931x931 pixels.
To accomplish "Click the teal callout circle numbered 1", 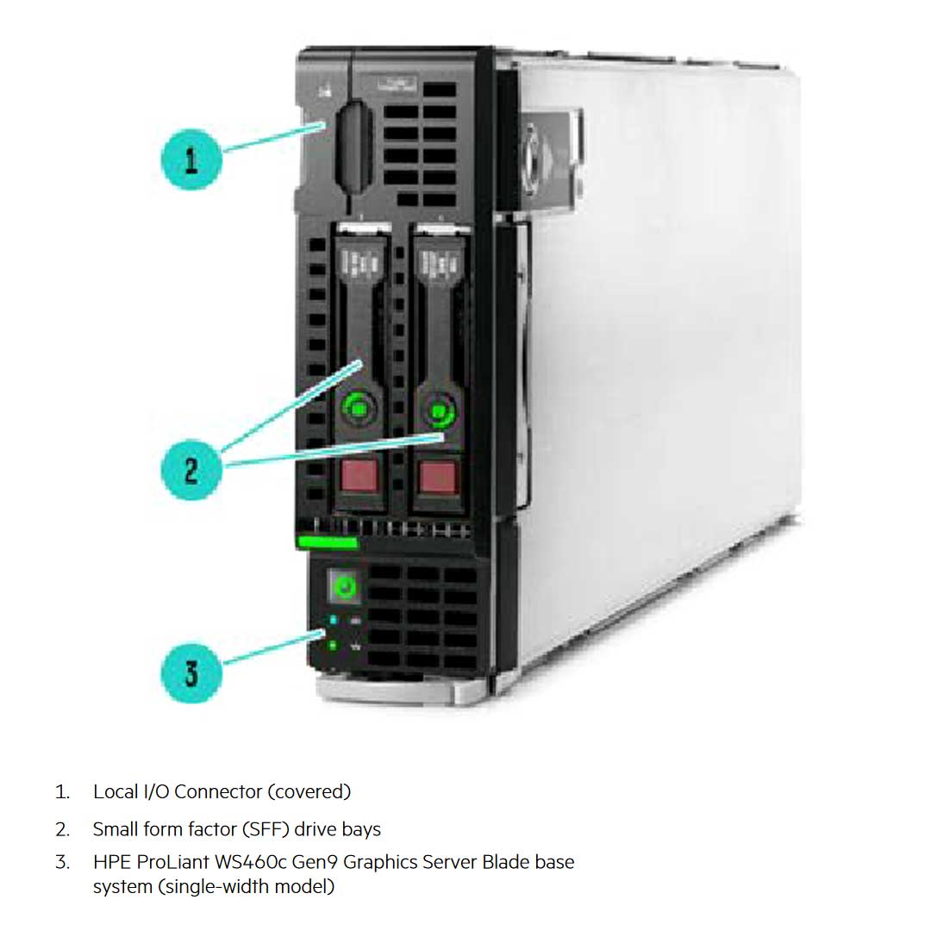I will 191,160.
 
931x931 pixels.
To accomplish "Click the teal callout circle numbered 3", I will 191,672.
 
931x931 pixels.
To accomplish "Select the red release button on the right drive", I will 438,477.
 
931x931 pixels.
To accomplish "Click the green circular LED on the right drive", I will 439,412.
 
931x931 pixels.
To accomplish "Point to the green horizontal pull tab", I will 328,542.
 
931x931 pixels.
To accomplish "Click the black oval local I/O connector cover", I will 354,146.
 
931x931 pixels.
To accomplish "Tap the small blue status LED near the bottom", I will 333,620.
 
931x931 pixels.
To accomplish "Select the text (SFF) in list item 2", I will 266,829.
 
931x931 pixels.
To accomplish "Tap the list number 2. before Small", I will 62,829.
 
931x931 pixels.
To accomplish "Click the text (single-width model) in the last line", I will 246,886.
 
